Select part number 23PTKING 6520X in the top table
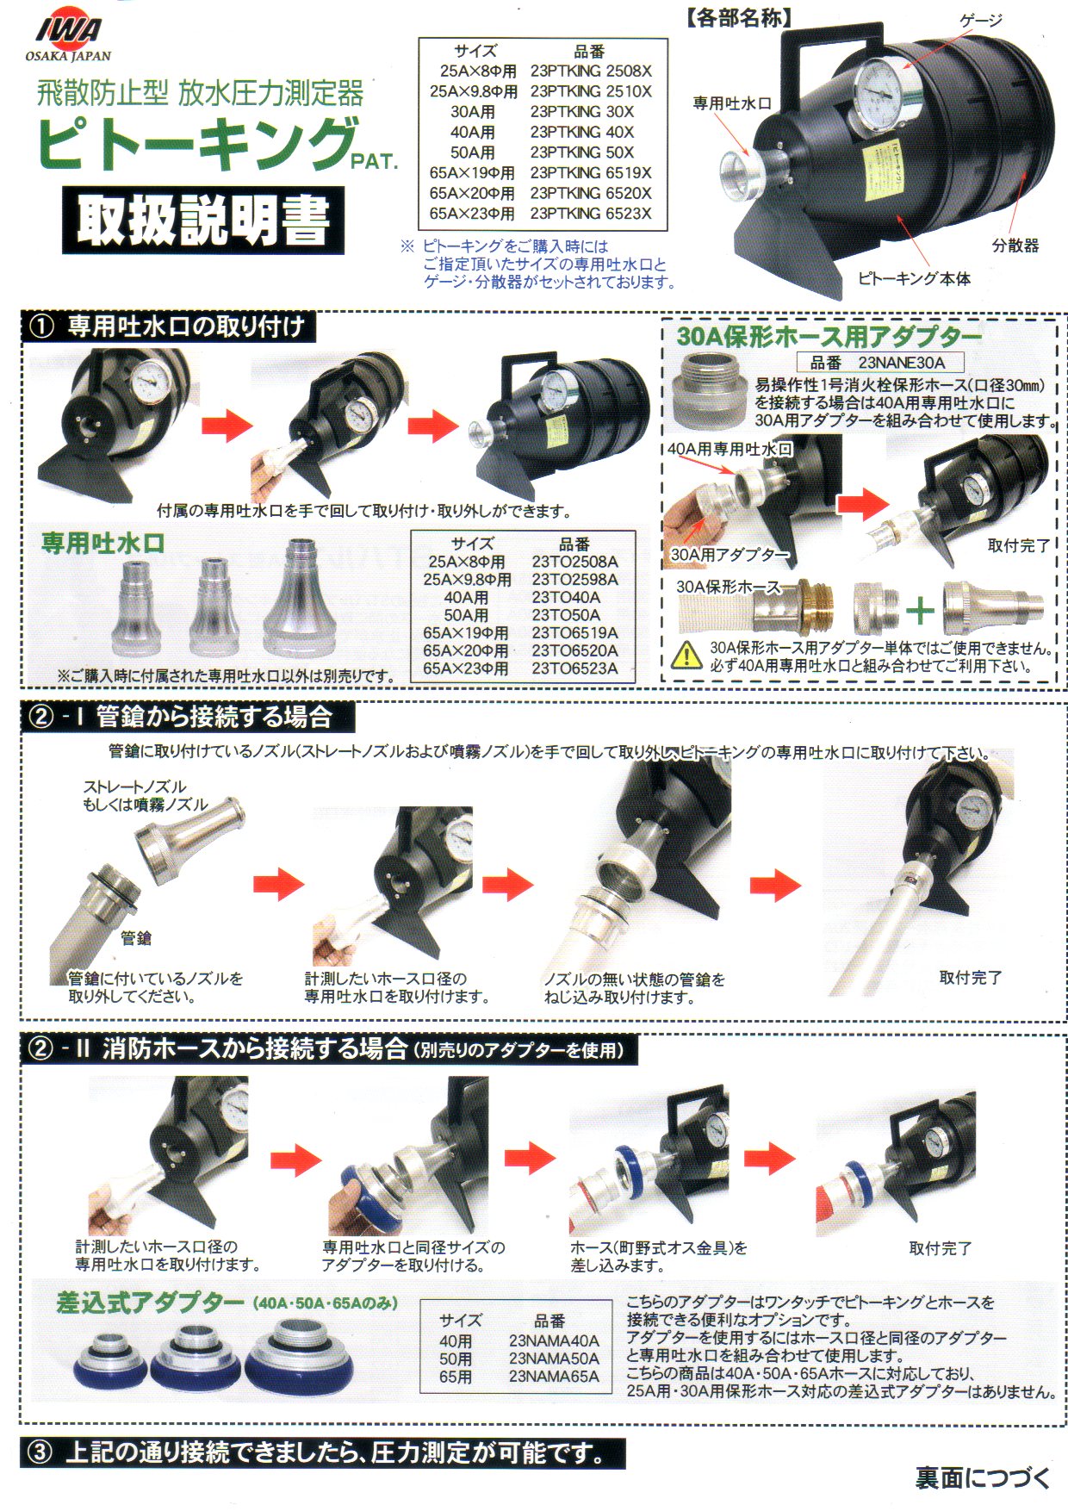click(591, 193)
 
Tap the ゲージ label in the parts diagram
click(981, 20)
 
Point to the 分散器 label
click(1015, 246)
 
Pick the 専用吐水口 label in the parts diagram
click(732, 103)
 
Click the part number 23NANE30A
click(901, 363)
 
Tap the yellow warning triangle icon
click(686, 656)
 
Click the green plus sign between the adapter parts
click(920, 611)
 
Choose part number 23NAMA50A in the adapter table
click(554, 1359)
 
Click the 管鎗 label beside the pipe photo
click(136, 938)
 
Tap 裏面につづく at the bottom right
click(983, 1478)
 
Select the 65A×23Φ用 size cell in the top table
click(472, 214)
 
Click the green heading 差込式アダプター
click(150, 1303)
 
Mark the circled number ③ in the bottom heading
click(40, 1453)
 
